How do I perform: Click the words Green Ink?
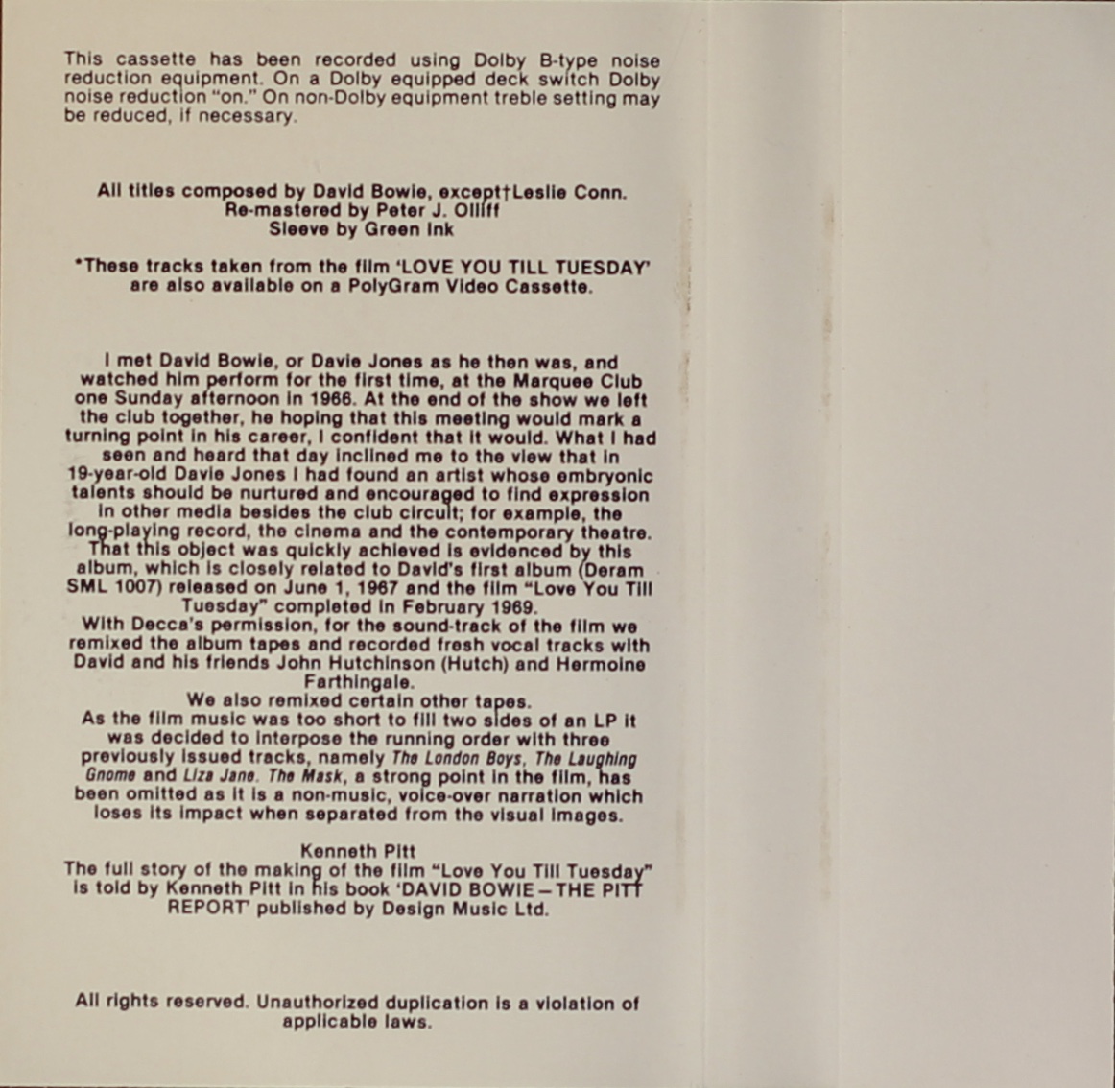(x=409, y=229)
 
